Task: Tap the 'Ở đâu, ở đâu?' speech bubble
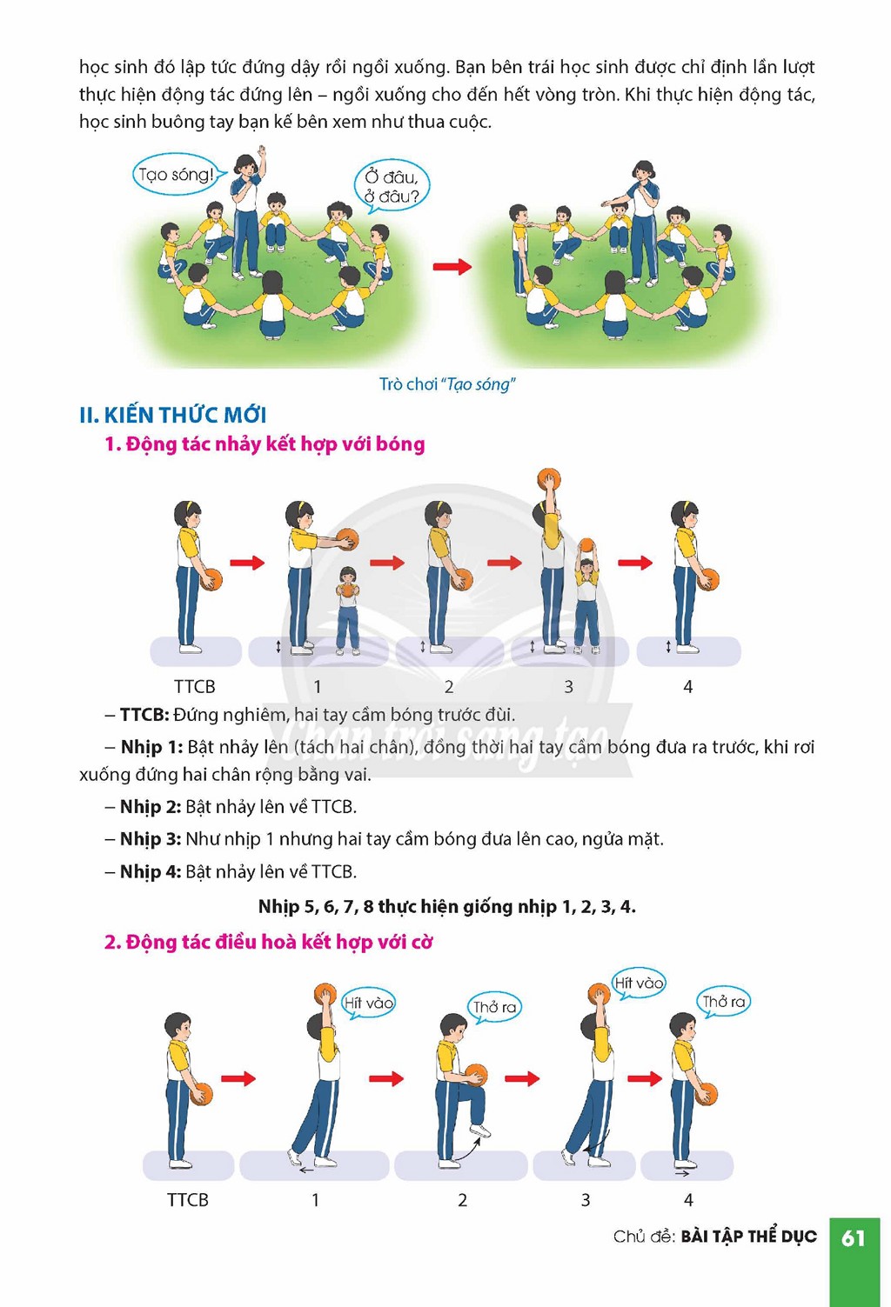pyautogui.click(x=392, y=185)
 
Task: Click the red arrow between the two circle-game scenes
pyautogui.click(x=452, y=267)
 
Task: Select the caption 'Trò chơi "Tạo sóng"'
pyautogui.click(x=447, y=384)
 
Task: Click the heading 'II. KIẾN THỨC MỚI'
pyautogui.click(x=173, y=415)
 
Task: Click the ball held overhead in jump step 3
pyautogui.click(x=549, y=480)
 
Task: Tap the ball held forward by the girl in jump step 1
pyautogui.click(x=346, y=539)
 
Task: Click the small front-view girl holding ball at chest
pyautogui.click(x=348, y=609)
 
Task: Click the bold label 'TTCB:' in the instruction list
pyautogui.click(x=144, y=715)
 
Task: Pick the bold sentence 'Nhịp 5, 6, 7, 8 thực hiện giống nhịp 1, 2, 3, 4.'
pyautogui.click(x=447, y=906)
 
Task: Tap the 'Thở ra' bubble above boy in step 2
pyautogui.click(x=494, y=1008)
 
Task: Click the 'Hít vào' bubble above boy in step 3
pyautogui.click(x=638, y=984)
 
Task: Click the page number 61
pyautogui.click(x=853, y=1237)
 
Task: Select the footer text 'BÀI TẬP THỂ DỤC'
pyautogui.click(x=748, y=1237)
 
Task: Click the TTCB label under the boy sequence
pyautogui.click(x=187, y=1200)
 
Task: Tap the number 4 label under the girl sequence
pyautogui.click(x=687, y=687)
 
